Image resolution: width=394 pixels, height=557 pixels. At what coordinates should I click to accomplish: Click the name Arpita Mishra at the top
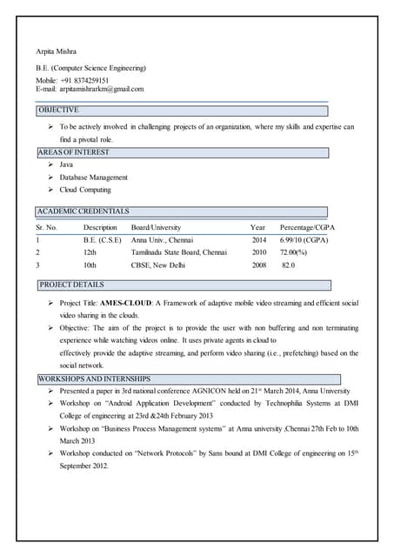55,52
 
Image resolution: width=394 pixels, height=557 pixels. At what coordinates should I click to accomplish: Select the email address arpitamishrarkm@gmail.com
102,89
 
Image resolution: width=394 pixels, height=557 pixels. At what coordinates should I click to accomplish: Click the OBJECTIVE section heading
58,111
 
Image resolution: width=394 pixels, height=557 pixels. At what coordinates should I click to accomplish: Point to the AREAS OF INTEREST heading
74,152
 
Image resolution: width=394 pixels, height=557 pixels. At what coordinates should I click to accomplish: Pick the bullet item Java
66,164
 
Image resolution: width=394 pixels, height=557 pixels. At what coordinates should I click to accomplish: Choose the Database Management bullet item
93,177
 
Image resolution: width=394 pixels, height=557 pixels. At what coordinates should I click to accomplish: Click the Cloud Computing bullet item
85,190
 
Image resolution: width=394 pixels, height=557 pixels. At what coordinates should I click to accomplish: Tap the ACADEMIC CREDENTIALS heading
83,211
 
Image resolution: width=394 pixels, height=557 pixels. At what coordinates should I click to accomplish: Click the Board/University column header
156,227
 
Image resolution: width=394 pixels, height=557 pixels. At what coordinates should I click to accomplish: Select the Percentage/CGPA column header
307,227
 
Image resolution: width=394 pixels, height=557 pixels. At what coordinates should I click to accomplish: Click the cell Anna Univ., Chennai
163,239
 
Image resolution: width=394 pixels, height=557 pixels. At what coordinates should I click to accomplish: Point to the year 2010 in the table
259,252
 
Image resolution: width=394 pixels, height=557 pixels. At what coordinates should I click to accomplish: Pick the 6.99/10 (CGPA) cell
304,239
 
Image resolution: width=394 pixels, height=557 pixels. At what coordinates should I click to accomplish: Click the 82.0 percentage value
288,265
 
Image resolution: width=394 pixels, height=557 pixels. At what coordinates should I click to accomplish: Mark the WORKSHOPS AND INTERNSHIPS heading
95,379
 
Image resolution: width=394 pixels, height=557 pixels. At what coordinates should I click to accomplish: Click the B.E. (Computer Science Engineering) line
90,68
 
